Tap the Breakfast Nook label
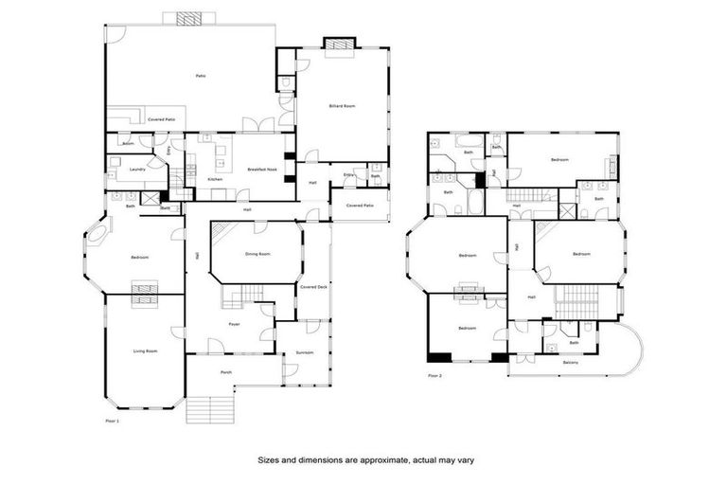click(x=262, y=169)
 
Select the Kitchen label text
click(x=215, y=179)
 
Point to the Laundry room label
click(x=136, y=170)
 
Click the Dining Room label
click(x=257, y=254)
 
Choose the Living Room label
click(x=144, y=350)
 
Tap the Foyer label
click(x=234, y=324)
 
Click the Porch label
click(x=226, y=372)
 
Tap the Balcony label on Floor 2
click(x=571, y=363)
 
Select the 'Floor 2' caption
click(x=434, y=376)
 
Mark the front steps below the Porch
click(x=209, y=410)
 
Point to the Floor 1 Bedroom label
click(x=143, y=257)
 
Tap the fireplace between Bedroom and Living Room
click(x=144, y=294)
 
